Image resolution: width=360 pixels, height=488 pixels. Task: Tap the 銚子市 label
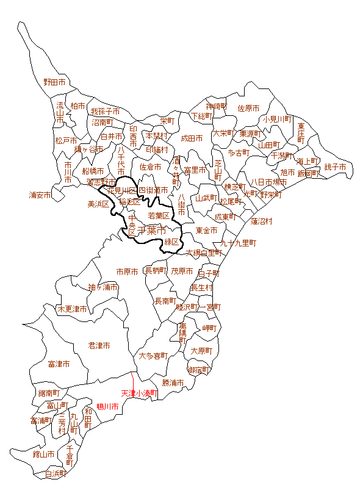[x=335, y=167]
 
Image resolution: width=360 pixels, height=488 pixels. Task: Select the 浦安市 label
[x=40, y=196]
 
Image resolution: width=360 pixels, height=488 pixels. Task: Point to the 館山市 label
[x=43, y=454]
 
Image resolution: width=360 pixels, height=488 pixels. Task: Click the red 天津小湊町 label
[x=139, y=394]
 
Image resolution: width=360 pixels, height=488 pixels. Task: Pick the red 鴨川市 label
[x=107, y=406]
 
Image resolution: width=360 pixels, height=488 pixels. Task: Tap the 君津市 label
[x=99, y=346]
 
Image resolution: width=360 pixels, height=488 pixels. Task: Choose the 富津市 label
[x=59, y=364]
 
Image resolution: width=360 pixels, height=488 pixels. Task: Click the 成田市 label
[x=192, y=139]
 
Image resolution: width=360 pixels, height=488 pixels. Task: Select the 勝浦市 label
[x=173, y=383]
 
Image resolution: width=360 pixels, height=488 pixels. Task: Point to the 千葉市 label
[x=152, y=231]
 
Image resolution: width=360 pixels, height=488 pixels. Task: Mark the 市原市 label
[x=128, y=271]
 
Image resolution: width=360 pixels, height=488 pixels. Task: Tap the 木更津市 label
[x=72, y=309]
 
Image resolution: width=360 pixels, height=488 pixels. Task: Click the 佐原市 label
[x=248, y=109]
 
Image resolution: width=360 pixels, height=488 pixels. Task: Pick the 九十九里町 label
[x=239, y=243]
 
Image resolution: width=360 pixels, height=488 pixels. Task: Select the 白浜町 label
[x=56, y=473]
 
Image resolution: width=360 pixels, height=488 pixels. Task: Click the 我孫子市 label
[x=106, y=112]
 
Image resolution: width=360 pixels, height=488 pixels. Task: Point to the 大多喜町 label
[x=153, y=356]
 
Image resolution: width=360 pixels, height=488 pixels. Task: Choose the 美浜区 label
[x=98, y=204]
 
